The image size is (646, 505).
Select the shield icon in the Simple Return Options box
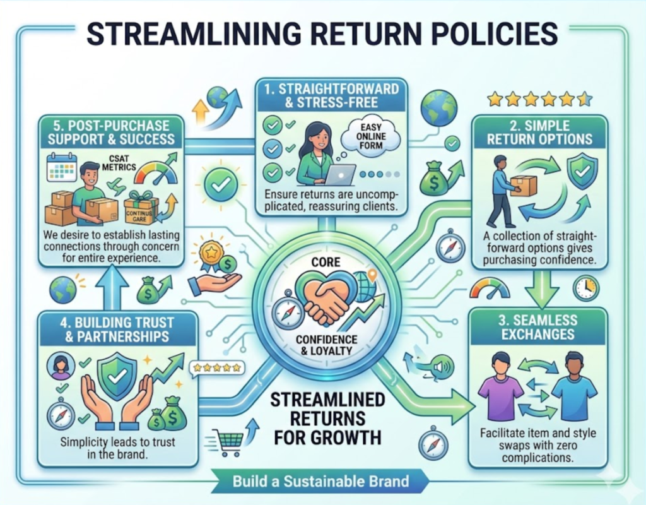(x=582, y=171)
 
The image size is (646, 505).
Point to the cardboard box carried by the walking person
(x=523, y=186)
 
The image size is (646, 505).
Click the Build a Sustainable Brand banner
(x=320, y=481)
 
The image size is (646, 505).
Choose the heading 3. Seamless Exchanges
(x=538, y=327)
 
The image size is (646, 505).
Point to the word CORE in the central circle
(x=326, y=262)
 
